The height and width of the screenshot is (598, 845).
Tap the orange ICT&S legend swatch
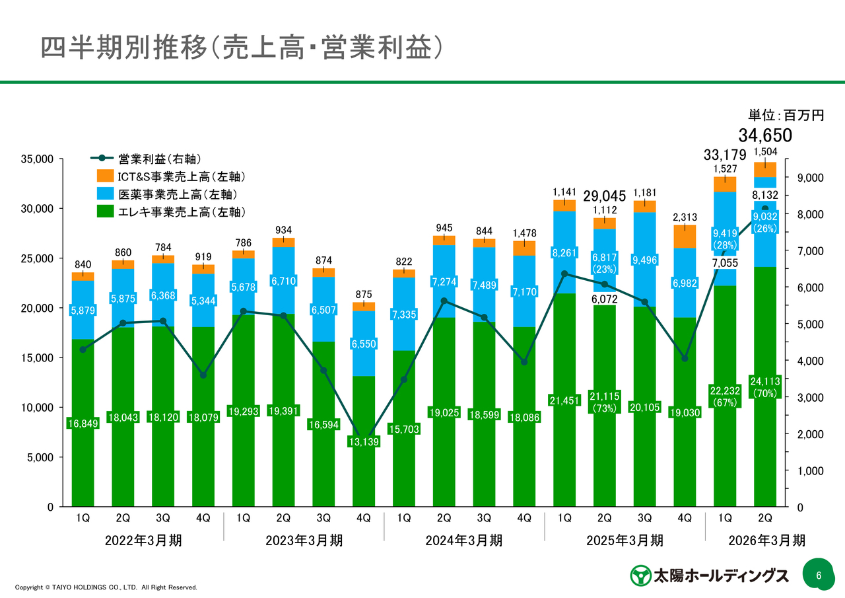coord(105,176)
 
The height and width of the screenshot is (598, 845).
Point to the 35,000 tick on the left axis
coord(39,159)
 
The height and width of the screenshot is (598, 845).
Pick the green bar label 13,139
coord(364,441)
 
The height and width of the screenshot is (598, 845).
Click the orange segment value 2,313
coord(685,217)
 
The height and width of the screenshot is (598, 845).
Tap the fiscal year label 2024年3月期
coord(464,541)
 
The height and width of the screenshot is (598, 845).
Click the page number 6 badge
coord(819,575)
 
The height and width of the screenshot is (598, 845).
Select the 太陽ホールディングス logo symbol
coord(640,575)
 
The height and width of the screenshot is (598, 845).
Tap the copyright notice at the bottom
coord(106,587)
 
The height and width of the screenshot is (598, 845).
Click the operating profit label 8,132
coord(765,196)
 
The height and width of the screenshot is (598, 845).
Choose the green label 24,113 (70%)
coord(765,387)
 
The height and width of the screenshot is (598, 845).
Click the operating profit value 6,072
coord(604,299)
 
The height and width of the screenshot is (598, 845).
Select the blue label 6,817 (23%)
coord(604,263)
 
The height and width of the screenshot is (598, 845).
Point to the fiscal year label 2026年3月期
coord(767,541)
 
